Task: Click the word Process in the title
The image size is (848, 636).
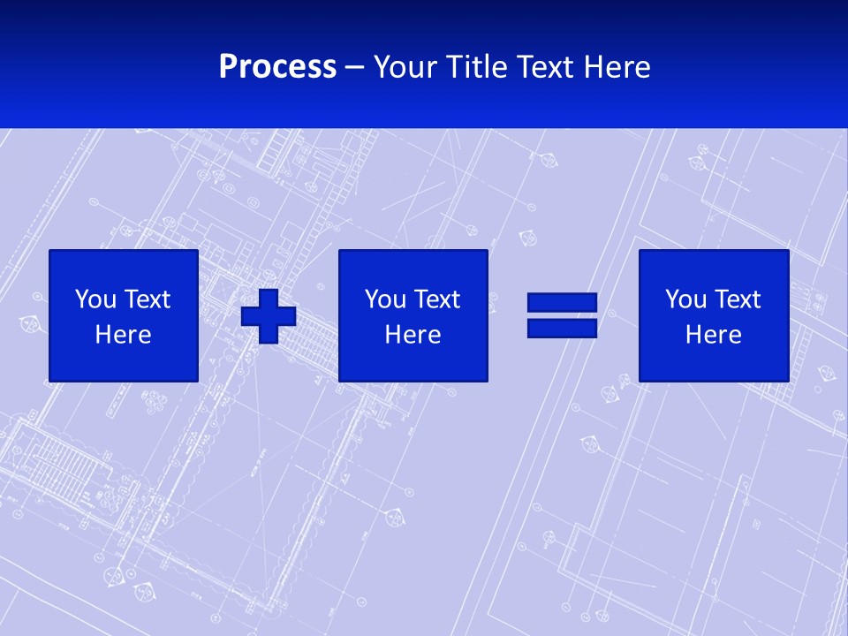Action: [277, 67]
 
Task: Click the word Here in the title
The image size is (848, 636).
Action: [617, 67]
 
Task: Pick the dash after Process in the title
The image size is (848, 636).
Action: [355, 68]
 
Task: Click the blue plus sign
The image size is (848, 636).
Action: [269, 316]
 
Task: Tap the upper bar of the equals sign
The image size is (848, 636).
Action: [562, 303]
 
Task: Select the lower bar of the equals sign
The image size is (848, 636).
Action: [562, 329]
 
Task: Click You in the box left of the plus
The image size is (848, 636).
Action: [95, 299]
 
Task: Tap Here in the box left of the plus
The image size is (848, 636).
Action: [123, 335]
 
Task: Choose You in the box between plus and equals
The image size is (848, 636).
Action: [385, 299]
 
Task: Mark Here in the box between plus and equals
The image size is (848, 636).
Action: [413, 335]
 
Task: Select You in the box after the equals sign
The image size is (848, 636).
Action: [685, 299]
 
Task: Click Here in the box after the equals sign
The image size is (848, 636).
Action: [713, 335]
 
